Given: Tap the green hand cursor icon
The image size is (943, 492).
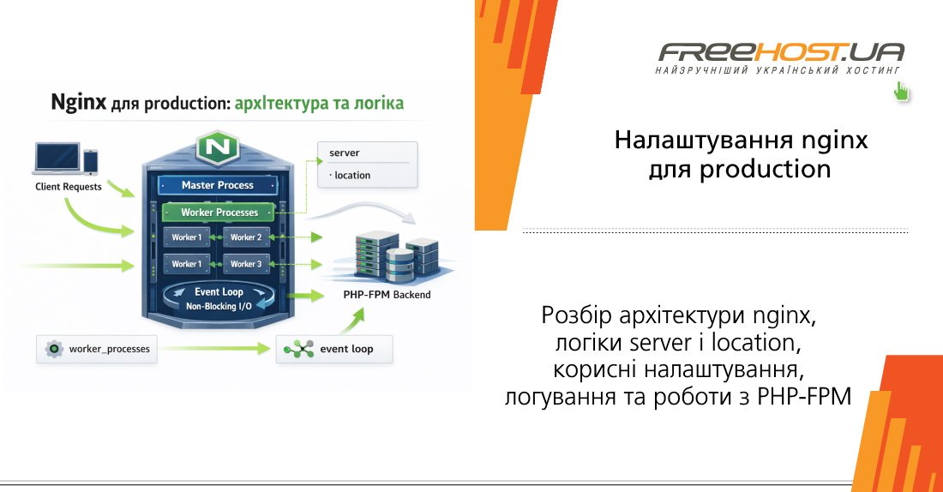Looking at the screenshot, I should (901, 92).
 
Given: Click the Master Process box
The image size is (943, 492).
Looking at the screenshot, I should (218, 185).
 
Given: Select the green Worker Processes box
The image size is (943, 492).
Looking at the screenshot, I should (219, 212).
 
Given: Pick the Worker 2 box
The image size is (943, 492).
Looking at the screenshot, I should (246, 237).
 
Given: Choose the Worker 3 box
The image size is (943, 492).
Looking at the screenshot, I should (246, 264).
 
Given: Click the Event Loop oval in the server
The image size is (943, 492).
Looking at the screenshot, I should (219, 297).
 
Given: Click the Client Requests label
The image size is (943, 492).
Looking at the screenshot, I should (69, 186).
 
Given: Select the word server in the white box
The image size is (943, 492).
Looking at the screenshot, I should (345, 153).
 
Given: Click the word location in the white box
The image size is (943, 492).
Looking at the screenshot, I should (351, 175).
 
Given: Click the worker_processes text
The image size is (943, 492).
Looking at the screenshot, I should (110, 349).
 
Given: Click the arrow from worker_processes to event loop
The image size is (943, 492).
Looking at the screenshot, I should (214, 349).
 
